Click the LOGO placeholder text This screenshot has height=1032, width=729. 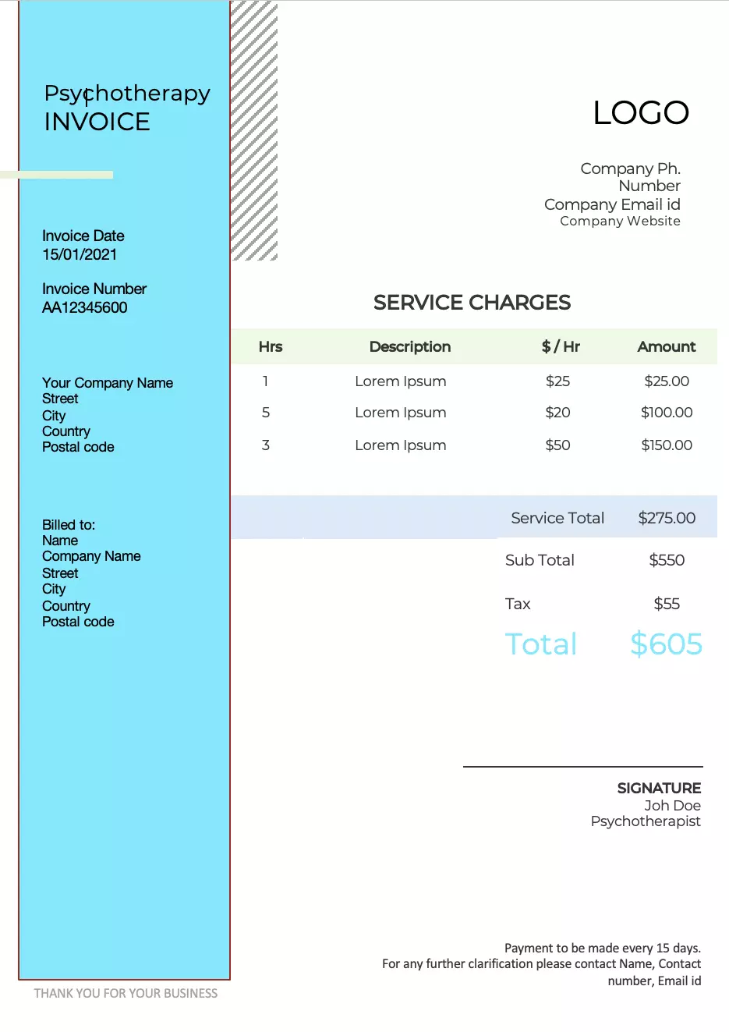click(x=641, y=113)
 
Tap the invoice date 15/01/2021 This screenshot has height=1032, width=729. click(x=80, y=254)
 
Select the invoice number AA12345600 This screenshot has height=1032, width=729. click(x=84, y=307)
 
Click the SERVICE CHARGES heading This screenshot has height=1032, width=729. click(x=472, y=303)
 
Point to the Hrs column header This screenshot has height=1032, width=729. click(x=271, y=347)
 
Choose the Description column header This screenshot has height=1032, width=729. click(x=410, y=347)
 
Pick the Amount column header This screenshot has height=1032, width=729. click(x=667, y=347)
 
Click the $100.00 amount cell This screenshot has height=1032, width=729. click(x=667, y=413)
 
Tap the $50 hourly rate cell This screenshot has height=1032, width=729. click(x=557, y=445)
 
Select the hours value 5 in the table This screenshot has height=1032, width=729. click(x=266, y=413)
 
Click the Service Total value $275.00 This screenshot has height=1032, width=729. click(x=667, y=518)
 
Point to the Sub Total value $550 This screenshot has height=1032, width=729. click(x=667, y=560)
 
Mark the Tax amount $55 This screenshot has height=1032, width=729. click(x=667, y=604)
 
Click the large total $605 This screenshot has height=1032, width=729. click(x=666, y=644)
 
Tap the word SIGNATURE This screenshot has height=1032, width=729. click(x=659, y=789)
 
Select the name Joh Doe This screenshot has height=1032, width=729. click(x=672, y=806)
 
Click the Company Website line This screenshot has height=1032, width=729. click(x=620, y=222)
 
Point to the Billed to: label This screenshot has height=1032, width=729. click(x=69, y=525)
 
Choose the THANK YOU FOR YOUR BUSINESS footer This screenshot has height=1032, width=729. click(x=126, y=993)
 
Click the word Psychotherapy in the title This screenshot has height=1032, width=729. click(x=127, y=94)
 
